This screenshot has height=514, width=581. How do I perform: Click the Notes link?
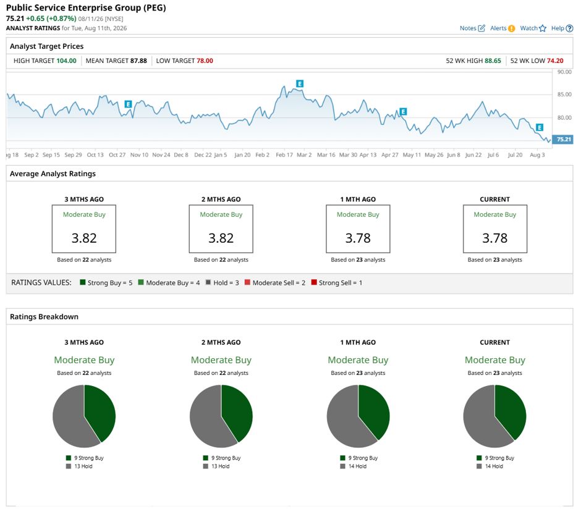[472, 28]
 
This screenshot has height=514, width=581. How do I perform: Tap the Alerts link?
[503, 28]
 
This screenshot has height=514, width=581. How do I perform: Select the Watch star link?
[533, 28]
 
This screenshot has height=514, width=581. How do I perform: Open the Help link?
[562, 28]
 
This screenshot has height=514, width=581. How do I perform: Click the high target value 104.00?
[66, 61]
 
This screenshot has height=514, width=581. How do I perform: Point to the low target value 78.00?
[205, 61]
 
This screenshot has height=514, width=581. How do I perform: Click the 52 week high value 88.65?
[493, 61]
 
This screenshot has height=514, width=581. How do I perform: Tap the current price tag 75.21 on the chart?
[563, 139]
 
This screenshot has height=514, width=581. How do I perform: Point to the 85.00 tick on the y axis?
[564, 95]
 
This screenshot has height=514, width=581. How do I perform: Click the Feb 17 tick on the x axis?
[284, 155]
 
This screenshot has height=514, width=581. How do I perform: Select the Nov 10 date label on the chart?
[139, 155]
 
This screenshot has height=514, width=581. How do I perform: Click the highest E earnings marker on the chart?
[300, 83]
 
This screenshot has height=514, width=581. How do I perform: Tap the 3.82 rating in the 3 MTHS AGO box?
[84, 238]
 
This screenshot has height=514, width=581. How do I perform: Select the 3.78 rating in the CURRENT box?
[494, 238]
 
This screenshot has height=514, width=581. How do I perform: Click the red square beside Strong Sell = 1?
[314, 282]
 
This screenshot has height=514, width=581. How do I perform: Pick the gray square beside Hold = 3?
[208, 282]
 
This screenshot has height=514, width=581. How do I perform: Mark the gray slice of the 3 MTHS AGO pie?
[69, 416]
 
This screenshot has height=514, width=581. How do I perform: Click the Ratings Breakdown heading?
[44, 317]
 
